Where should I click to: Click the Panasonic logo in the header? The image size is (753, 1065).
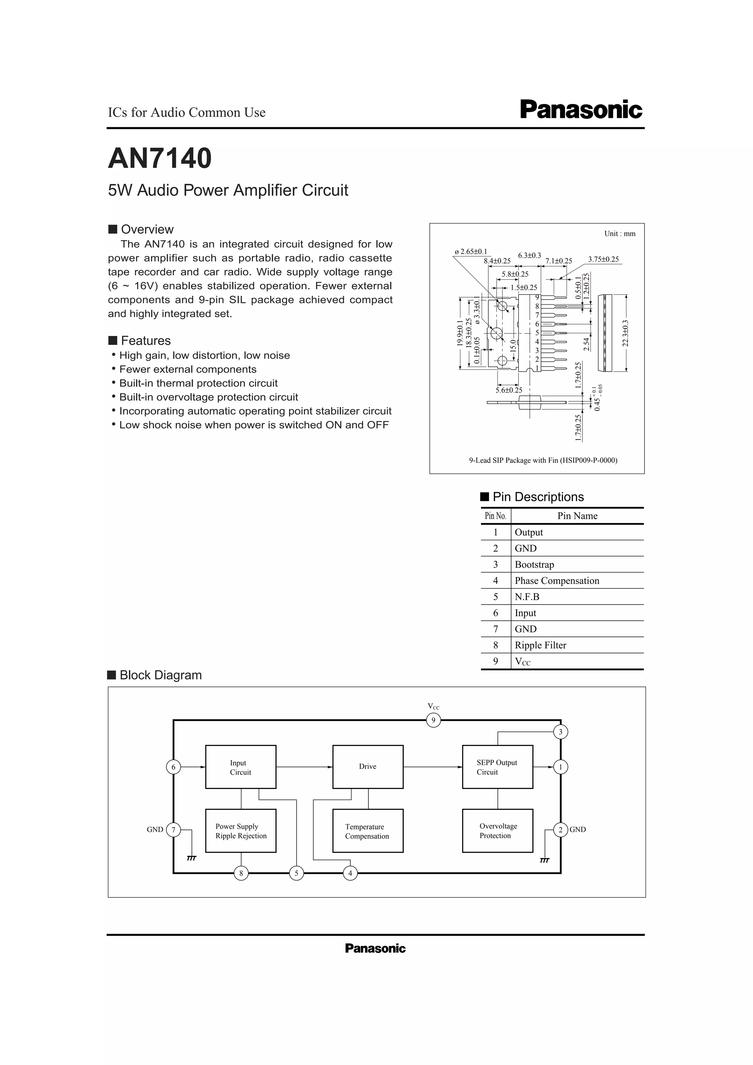point(581,110)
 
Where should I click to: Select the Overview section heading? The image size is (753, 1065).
point(147,229)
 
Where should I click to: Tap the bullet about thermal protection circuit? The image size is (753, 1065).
point(198,383)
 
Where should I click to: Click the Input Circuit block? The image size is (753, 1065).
point(240,767)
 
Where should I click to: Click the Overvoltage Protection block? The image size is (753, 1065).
point(497,831)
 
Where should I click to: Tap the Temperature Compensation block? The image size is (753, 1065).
point(367,831)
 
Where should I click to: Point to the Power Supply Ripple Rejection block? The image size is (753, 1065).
point(240,831)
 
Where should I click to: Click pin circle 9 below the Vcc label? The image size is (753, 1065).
point(433,720)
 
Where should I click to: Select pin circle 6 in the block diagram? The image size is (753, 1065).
point(173,767)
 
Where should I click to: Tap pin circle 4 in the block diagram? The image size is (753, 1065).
point(350,874)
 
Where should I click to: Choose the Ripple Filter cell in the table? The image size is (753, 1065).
point(540,645)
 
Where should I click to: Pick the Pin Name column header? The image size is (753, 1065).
point(577,516)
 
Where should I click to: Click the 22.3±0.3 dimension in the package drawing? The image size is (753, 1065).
point(625,333)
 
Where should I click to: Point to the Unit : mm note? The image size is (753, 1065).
point(620,234)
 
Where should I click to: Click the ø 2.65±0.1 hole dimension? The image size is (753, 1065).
point(471,251)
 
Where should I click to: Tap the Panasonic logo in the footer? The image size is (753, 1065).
point(375,949)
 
